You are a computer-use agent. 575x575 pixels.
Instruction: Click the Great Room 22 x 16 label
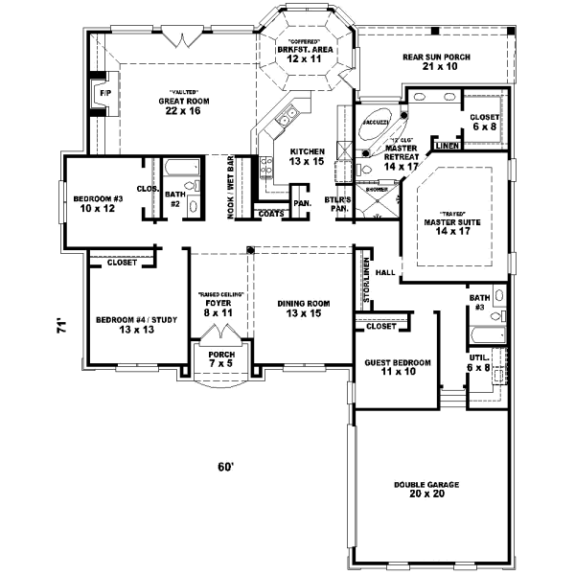coord(184,105)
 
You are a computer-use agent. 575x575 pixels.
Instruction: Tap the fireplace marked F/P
coord(97,94)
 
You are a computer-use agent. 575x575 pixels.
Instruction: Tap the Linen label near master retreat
coord(446,147)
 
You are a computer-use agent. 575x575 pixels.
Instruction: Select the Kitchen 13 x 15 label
coord(308,156)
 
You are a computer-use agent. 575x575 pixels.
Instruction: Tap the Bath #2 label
coord(175,199)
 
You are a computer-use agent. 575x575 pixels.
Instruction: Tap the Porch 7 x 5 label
coord(221,359)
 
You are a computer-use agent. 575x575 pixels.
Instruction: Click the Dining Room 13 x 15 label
coord(304,308)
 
